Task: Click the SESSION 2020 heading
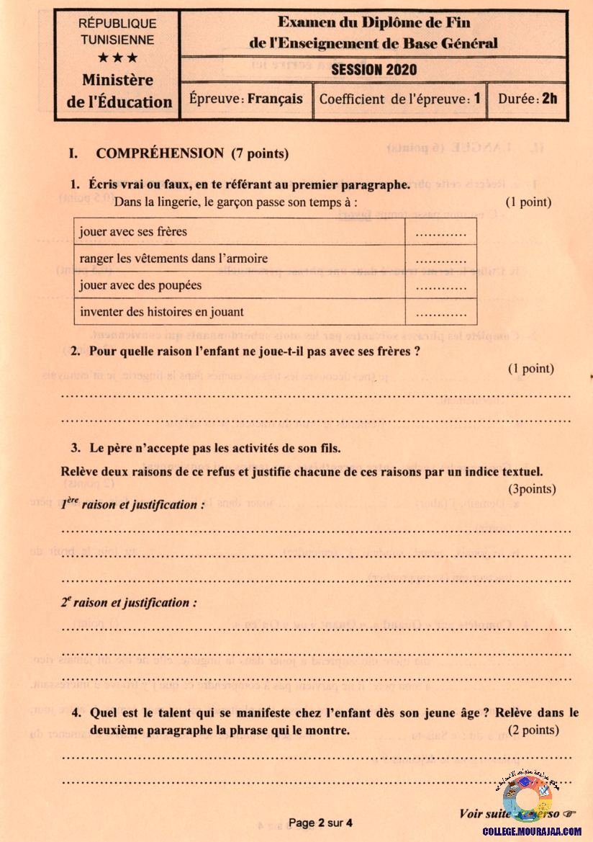coord(374,70)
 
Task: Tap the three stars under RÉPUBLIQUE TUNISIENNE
coord(118,58)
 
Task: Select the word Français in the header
coord(275,99)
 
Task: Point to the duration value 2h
coord(549,99)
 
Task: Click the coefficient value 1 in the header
coord(476,99)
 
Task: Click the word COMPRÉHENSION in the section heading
coord(160,153)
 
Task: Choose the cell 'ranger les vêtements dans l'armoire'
coord(174,259)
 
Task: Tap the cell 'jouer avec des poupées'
coord(140,285)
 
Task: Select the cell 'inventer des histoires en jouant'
coord(162,312)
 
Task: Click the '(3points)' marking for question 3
coord(532,489)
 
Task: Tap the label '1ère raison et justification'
coord(132,504)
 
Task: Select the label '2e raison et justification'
coord(128,602)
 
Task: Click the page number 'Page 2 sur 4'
coord(320,823)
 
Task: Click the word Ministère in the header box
coord(117,81)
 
